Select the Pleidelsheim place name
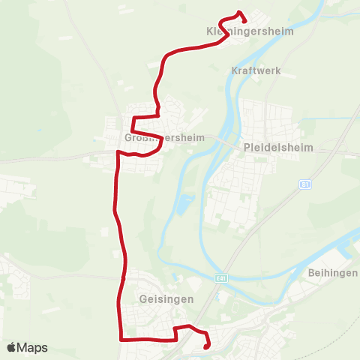pyautogui.click(x=277, y=148)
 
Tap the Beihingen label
pyautogui.click(x=332, y=273)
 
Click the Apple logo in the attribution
pyautogui.click(x=11, y=348)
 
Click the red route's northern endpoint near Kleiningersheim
pyautogui.click(x=245, y=19)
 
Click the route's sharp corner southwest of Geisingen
pyautogui.click(x=121, y=339)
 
